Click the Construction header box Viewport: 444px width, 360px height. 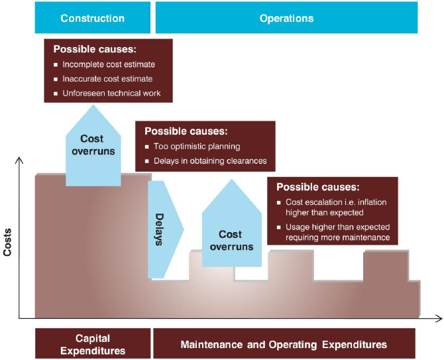(92, 18)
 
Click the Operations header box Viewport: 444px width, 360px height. (286, 18)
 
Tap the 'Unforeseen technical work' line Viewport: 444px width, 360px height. (111, 93)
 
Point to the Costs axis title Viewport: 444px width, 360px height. (8, 240)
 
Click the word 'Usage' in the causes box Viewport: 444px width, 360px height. (297, 227)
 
